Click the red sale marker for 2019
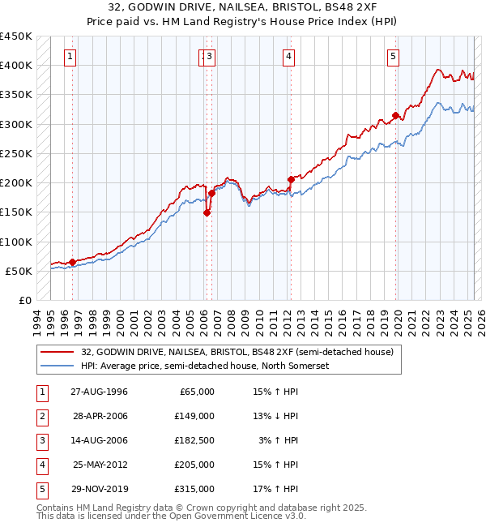(x=395, y=116)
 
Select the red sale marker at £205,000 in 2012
(x=290, y=179)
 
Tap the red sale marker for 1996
(x=72, y=262)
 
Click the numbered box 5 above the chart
(x=393, y=57)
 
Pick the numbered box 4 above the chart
(x=288, y=57)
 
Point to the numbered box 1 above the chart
(x=71, y=57)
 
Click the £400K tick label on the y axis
(x=15, y=65)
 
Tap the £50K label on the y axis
(x=19, y=271)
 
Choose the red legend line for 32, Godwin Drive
(x=56, y=352)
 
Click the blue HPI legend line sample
(x=56, y=366)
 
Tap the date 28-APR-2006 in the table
(x=100, y=416)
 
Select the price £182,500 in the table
(x=194, y=440)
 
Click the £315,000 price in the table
(x=194, y=489)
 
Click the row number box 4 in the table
(x=41, y=465)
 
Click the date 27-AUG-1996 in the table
(x=100, y=392)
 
